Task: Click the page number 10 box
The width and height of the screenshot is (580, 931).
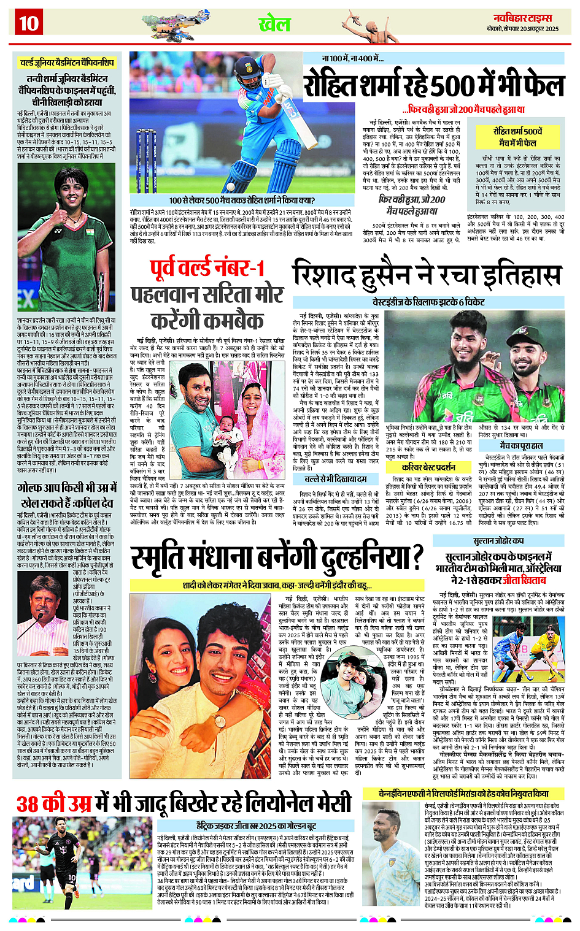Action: (28, 24)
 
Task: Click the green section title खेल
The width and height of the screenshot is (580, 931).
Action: (274, 24)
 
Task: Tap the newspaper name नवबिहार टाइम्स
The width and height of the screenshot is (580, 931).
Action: (523, 18)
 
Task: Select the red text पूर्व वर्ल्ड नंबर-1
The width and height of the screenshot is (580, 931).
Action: (207, 268)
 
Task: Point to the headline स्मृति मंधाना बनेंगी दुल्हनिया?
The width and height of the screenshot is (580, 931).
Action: (277, 557)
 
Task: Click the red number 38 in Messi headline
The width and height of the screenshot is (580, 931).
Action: (37, 803)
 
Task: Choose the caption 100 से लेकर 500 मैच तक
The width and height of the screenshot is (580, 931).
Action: (242, 200)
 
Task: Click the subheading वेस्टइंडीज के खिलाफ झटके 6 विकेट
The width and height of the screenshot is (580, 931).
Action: (428, 302)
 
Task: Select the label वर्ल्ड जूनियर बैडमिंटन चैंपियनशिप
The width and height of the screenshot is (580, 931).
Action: (66, 63)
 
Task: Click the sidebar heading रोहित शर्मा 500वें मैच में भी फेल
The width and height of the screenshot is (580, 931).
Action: (517, 137)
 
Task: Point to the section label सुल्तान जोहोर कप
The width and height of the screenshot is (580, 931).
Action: (498, 541)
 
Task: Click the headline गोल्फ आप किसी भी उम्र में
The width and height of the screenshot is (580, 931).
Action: (66, 495)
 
